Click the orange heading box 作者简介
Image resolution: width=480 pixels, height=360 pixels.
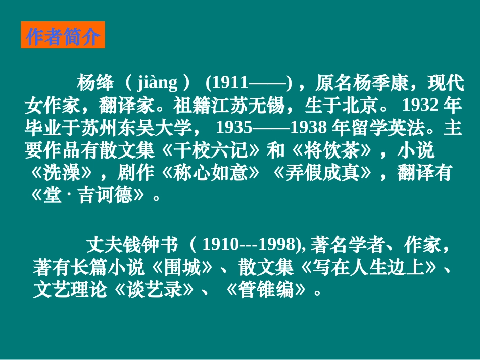(63, 35)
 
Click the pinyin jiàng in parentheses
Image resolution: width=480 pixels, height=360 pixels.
(157, 82)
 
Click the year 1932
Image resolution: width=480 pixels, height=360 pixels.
(421, 105)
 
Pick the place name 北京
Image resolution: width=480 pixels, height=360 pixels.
(359, 105)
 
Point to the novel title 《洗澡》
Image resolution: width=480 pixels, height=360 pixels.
(62, 174)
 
